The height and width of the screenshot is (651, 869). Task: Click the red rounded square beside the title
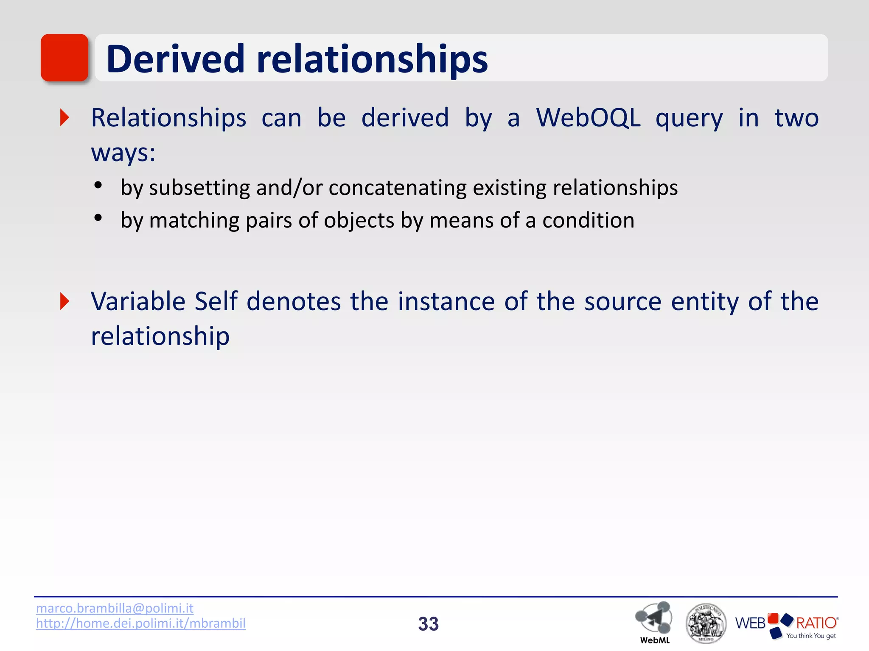(64, 58)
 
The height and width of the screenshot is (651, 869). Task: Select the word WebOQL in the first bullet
(588, 118)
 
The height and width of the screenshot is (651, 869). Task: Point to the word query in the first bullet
(689, 119)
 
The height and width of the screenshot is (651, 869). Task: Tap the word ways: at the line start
(123, 153)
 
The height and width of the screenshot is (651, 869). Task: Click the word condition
(588, 220)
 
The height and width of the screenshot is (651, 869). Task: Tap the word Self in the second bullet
(216, 301)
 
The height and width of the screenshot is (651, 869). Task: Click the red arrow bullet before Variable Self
(64, 301)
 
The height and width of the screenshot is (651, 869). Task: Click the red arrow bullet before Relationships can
(64, 117)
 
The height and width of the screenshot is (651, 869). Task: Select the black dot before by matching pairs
(98, 218)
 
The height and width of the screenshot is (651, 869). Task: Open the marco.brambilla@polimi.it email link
(115, 608)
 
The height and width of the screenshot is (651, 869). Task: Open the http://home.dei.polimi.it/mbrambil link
(140, 623)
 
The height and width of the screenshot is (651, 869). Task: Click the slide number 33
(428, 624)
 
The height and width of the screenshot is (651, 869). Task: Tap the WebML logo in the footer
(654, 621)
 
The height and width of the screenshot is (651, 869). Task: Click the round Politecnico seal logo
(705, 623)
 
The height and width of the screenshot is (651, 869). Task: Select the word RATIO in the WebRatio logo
(816, 623)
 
